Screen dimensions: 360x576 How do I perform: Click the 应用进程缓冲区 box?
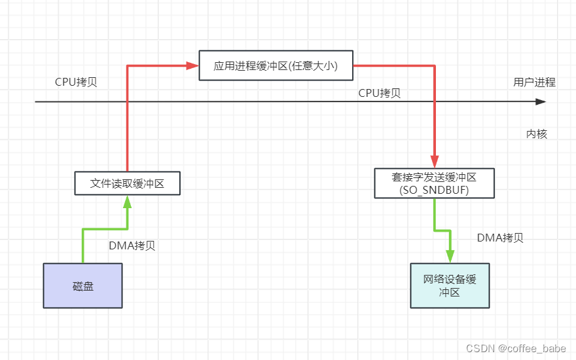[276, 65]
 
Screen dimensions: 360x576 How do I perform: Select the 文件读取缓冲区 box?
[127, 184]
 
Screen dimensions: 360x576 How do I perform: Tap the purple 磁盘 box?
[82, 286]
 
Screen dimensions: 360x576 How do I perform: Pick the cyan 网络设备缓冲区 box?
[450, 286]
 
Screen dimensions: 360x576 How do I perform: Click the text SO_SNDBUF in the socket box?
[434, 189]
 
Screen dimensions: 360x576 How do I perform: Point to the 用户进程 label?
[534, 82]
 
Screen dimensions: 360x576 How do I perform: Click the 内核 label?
[536, 134]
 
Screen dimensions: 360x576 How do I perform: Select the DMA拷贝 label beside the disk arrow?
[132, 245]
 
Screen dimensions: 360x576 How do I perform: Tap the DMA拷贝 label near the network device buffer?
[500, 238]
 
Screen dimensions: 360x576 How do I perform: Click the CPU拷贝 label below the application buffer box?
[379, 93]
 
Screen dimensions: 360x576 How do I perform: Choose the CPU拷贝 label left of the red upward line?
[76, 82]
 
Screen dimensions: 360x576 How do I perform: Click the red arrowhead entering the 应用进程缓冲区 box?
[193, 65]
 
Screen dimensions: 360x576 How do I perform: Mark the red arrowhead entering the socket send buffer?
[434, 162]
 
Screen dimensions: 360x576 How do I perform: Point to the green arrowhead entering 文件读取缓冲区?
[127, 202]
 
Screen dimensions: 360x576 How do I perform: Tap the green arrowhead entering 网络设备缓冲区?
[450, 257]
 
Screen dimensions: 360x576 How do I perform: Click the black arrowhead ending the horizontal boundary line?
[540, 102]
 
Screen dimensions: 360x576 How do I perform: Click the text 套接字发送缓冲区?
[434, 177]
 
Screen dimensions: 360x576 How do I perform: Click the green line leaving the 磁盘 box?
[82, 245]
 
